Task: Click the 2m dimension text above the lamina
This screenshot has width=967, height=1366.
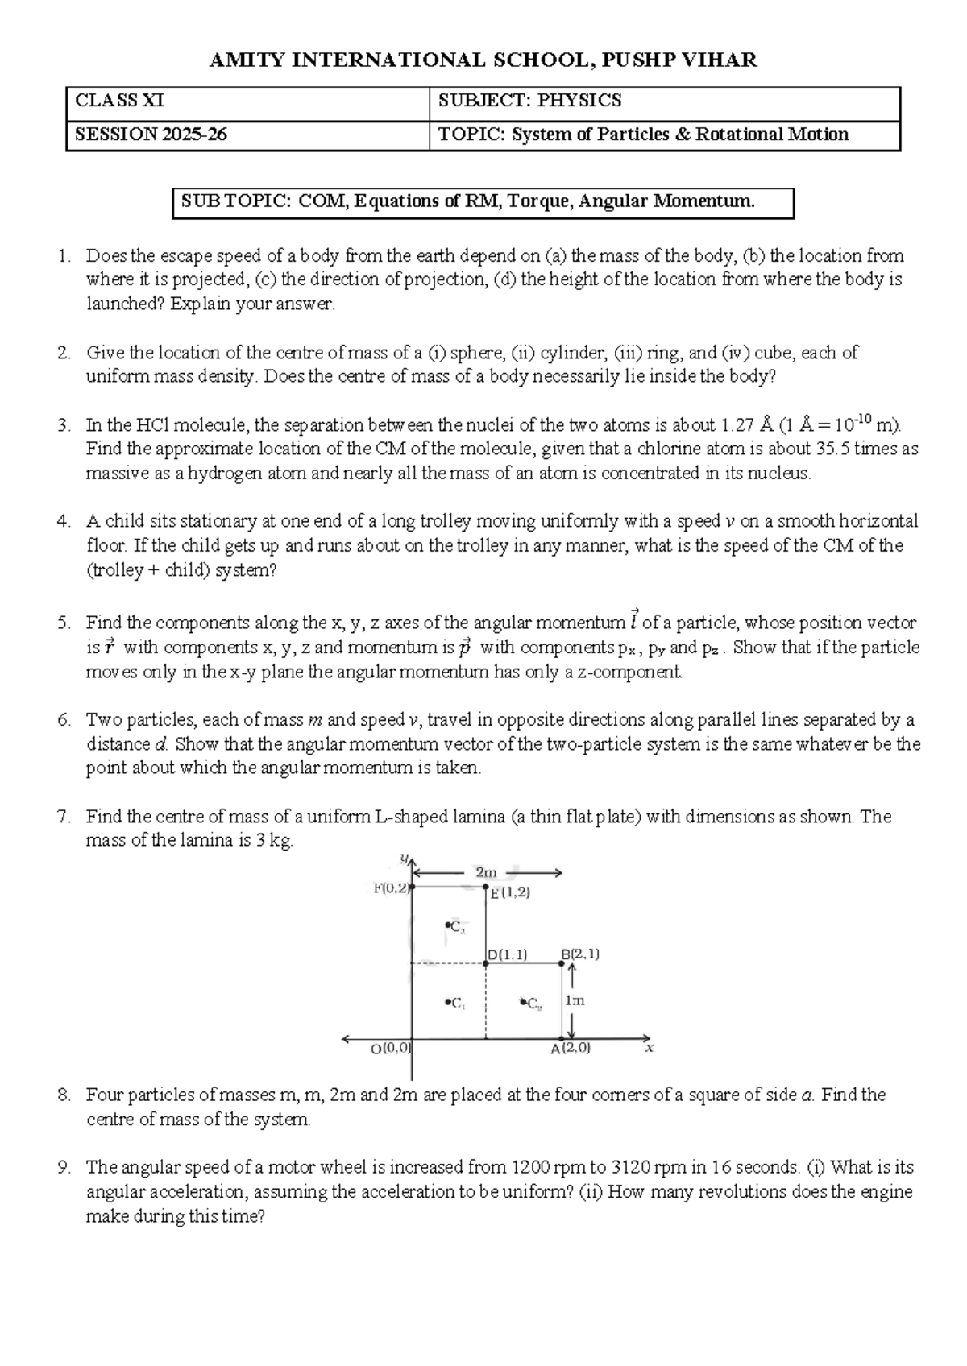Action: pos(486,872)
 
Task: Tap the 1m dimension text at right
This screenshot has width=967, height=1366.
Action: pos(575,1000)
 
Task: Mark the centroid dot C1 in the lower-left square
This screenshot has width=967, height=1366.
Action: pos(447,1003)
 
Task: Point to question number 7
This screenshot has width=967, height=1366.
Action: pos(64,817)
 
